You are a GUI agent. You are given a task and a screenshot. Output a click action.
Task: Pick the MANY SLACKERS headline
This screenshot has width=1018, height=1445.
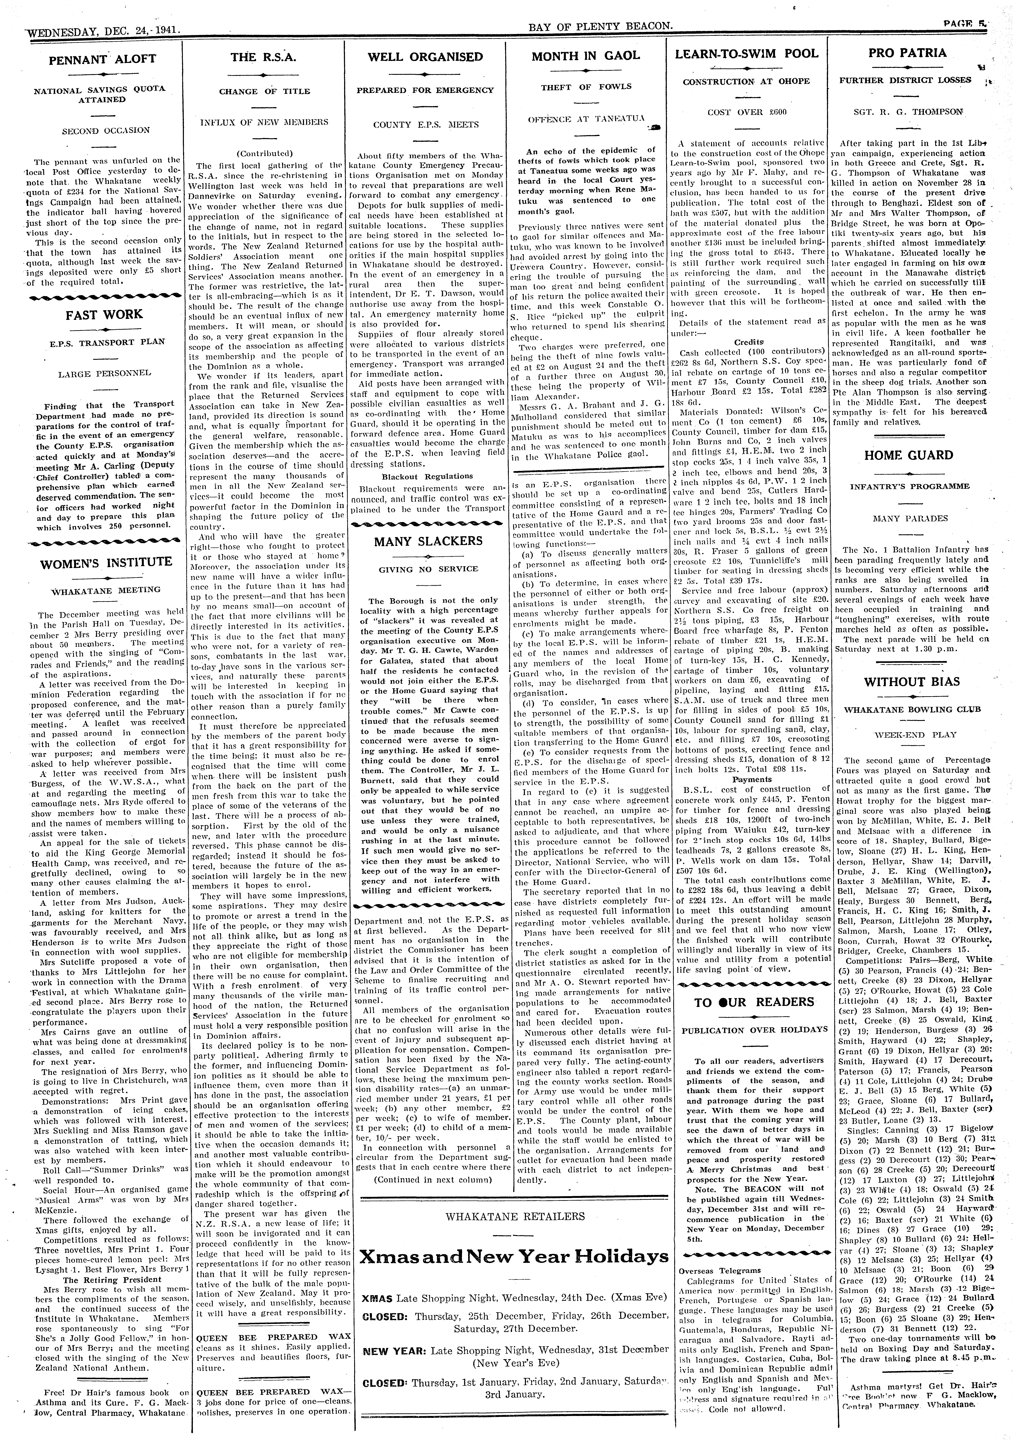tap(428, 541)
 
